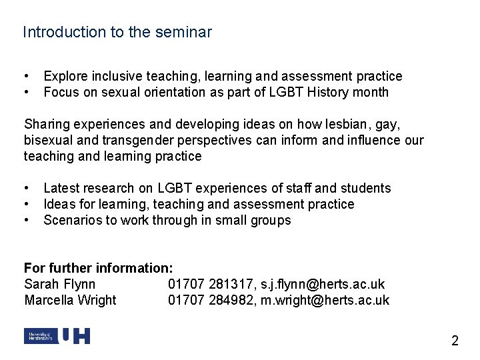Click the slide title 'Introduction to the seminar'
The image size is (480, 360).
pos(117,32)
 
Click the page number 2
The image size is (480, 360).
pos(455,341)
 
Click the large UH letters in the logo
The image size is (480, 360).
pos(75,337)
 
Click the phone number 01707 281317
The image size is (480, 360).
pos(207,285)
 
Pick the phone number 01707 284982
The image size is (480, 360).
pos(207,301)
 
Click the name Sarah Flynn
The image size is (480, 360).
pos(60,285)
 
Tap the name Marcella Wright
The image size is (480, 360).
pos(70,301)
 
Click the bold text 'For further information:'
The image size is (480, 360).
pos(99,269)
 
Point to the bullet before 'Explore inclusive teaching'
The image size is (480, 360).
pos(26,77)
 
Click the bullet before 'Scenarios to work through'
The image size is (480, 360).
pos(26,220)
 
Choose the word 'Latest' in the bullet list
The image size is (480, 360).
pos(61,189)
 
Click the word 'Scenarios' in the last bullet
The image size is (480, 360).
pos(72,220)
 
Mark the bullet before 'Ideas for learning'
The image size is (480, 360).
pos(26,204)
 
